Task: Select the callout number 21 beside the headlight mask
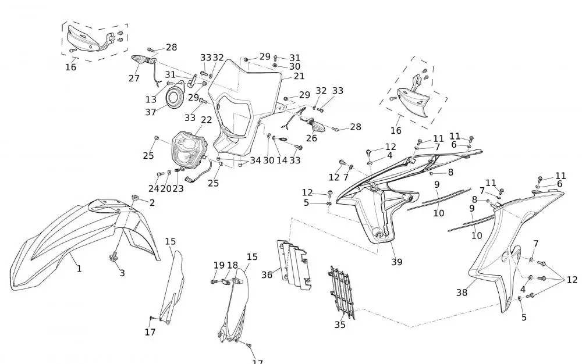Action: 299,76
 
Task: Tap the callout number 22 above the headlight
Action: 206,120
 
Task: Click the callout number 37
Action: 151,112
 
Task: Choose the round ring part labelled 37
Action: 174,98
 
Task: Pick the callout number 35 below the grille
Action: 340,324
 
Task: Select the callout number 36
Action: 267,274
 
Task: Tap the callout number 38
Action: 462,293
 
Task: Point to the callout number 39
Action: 396,262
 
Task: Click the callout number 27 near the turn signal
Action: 134,78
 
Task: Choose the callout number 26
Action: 311,138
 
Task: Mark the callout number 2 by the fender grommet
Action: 152,202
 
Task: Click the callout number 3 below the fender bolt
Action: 122,273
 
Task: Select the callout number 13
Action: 151,99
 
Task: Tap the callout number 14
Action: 282,160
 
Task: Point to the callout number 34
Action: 255,160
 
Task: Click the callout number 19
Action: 219,265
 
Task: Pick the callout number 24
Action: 153,188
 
